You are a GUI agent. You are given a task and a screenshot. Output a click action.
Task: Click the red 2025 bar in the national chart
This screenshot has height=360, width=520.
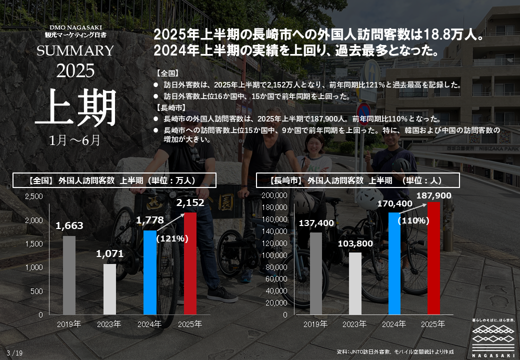[190, 263]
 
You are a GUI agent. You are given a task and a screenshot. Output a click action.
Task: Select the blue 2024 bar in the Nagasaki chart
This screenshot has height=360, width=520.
[394, 263]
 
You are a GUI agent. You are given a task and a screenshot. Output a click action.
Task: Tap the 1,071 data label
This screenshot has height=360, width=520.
[110, 254]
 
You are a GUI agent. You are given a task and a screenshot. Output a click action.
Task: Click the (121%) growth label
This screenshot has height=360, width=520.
[172, 239]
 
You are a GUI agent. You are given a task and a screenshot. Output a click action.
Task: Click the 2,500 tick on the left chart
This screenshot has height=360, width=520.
[33, 196]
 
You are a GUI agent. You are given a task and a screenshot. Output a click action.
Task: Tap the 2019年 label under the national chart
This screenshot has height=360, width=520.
[69, 324]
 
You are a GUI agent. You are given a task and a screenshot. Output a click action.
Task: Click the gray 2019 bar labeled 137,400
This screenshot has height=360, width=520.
[315, 273]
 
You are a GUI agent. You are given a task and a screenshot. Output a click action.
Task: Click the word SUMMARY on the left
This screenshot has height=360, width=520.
[75, 51]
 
